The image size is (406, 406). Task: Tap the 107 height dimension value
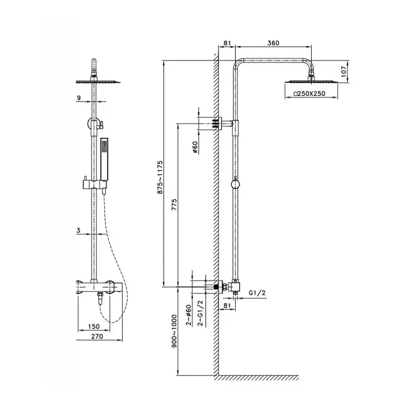(343, 70)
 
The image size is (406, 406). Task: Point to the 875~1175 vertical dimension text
(159, 176)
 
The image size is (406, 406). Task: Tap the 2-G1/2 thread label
(202, 313)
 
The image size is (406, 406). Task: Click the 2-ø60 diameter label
(189, 314)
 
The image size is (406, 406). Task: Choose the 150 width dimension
(94, 327)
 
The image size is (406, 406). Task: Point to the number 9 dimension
(80, 98)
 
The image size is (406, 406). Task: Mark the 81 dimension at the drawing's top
(227, 43)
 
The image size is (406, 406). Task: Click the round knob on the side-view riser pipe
(235, 184)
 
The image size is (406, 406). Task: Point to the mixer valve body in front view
(98, 287)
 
